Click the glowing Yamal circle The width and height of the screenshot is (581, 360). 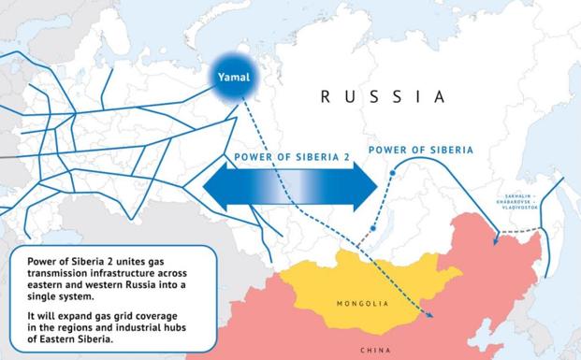tap(229, 77)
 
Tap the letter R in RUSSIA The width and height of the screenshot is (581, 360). tap(324, 96)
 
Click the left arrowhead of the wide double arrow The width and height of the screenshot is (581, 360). tap(216, 186)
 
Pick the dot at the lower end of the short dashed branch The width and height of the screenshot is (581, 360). tap(372, 226)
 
